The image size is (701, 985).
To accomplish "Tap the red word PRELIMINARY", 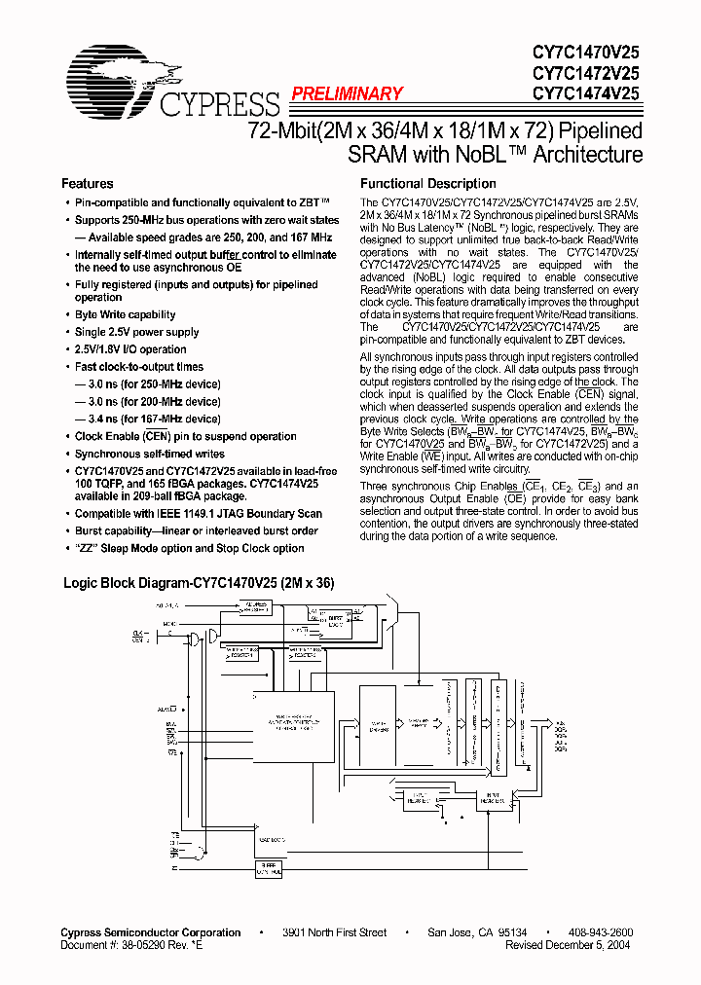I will click(x=346, y=94).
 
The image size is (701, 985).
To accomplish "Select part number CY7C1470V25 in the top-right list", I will click(x=585, y=55).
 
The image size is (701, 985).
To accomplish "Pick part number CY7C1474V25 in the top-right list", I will click(x=585, y=93).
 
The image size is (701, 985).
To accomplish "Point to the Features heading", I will click(x=87, y=184).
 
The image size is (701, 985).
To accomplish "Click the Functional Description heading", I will click(x=427, y=184).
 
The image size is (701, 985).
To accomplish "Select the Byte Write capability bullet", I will click(x=125, y=315).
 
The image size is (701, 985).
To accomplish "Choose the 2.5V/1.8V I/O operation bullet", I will click(x=130, y=349).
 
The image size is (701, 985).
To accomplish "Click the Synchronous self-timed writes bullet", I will click(x=149, y=455).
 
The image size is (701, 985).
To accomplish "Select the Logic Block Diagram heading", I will click(x=199, y=584).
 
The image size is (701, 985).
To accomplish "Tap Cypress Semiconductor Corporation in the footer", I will click(x=151, y=932).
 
